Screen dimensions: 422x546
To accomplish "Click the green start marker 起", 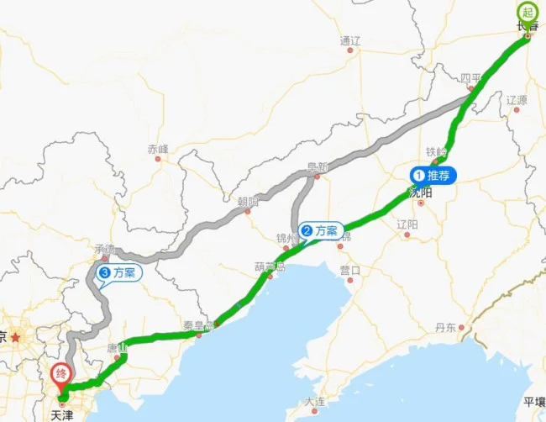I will point(528,13).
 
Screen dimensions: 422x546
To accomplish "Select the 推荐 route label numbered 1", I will point(433,176).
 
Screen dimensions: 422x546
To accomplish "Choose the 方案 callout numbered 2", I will point(320,230).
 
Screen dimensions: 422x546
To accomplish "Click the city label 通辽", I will point(349,40).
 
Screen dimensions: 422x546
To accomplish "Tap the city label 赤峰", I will point(158,149).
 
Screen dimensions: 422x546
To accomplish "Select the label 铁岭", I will point(436,152).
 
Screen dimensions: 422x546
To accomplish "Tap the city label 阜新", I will point(318,166).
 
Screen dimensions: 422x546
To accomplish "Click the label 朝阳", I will point(248,202).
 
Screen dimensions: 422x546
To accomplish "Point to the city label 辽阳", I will point(407,224).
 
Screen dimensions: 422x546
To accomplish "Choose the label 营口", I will point(349,270).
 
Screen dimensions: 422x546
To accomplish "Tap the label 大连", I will point(315,402).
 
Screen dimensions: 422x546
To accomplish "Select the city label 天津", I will point(61,414).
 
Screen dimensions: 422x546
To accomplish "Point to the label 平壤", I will point(534,401).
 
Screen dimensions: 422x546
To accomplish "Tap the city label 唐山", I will point(118,346).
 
